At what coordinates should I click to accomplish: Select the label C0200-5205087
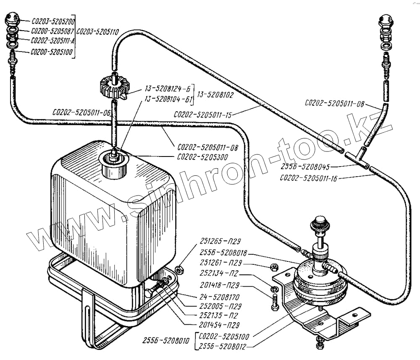(x=52, y=31)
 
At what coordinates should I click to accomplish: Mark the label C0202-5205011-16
(x=309, y=178)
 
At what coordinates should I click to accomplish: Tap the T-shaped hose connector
(x=357, y=158)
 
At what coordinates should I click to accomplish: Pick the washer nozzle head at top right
(x=386, y=21)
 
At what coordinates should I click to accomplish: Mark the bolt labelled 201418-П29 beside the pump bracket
(x=275, y=301)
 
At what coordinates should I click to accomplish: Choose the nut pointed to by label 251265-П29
(x=178, y=269)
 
